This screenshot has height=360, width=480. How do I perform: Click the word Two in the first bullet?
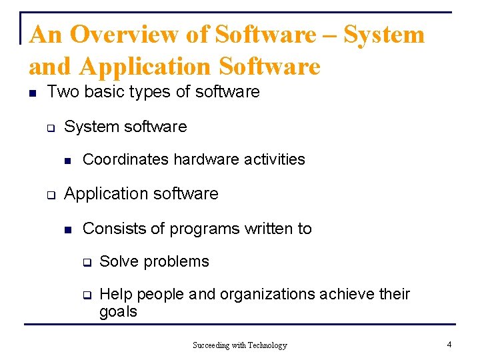tap(62, 92)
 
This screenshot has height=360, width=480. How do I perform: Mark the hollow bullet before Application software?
tap(50, 195)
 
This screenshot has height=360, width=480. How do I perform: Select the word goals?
tap(118, 312)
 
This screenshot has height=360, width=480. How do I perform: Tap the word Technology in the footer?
tap(267, 345)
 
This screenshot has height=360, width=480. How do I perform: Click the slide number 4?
tap(449, 345)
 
